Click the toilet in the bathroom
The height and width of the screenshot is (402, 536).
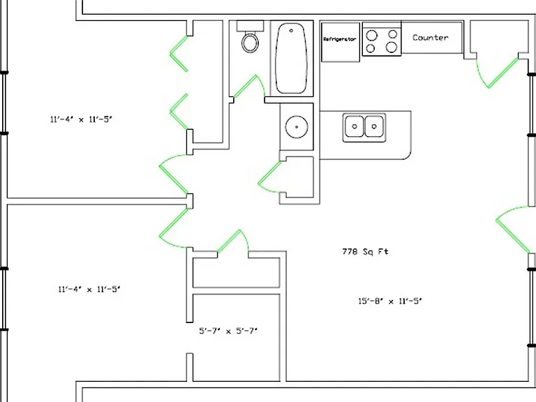click(x=251, y=43)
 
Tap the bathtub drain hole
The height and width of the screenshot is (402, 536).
click(x=291, y=31)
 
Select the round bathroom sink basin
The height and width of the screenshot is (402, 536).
click(x=297, y=127)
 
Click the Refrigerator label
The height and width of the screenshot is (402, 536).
click(x=340, y=39)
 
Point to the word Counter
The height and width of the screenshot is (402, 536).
click(x=431, y=38)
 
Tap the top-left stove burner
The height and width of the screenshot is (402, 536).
click(x=372, y=36)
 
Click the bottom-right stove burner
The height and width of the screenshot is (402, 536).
click(x=392, y=47)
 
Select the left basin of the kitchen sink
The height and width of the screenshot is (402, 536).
click(x=355, y=126)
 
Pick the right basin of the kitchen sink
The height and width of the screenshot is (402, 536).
click(x=374, y=126)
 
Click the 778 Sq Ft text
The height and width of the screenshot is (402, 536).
click(x=366, y=252)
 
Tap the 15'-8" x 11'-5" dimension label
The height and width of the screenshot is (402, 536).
click(x=390, y=301)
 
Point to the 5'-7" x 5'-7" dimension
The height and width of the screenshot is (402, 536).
click(x=228, y=331)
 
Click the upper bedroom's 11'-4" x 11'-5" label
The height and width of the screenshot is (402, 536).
click(x=82, y=119)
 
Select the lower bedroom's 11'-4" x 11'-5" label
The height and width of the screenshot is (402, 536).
click(x=89, y=289)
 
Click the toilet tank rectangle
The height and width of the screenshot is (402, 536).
click(x=251, y=26)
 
